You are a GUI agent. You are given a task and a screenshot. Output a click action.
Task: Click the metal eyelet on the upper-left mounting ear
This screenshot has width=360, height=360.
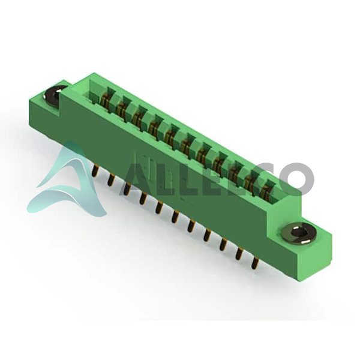pos(53,95)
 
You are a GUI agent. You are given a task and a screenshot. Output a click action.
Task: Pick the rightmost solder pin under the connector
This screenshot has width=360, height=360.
pos(255,263)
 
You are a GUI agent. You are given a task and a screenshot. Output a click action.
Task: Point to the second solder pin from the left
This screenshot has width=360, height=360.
pos(111,179)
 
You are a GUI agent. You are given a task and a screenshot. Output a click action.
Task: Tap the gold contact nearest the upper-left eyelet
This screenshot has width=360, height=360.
pos(106,101)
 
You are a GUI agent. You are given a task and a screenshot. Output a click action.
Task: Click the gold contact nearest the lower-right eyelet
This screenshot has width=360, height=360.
pos(266,191)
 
